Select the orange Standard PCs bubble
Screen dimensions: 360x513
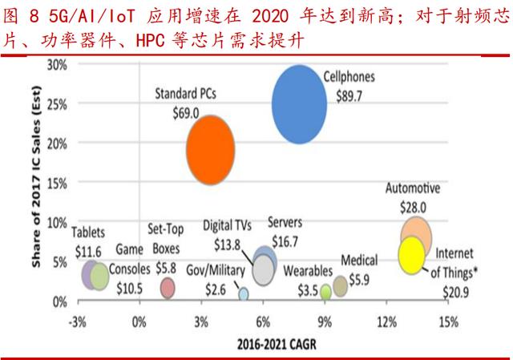tap(210, 149)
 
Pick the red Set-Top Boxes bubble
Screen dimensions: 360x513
tap(168, 287)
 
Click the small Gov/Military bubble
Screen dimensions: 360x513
tap(244, 293)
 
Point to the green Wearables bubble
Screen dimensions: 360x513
tap(325, 291)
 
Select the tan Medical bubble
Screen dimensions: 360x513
tap(341, 285)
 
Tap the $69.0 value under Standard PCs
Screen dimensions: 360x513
tap(185, 113)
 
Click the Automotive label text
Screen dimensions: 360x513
tap(413, 190)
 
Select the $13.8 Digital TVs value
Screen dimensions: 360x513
tap(228, 243)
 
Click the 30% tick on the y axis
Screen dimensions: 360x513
tap(56, 64)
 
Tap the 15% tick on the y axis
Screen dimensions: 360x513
tap(56, 183)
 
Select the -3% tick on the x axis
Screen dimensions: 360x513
tap(78, 322)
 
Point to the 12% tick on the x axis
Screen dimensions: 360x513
tap(387, 322)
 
